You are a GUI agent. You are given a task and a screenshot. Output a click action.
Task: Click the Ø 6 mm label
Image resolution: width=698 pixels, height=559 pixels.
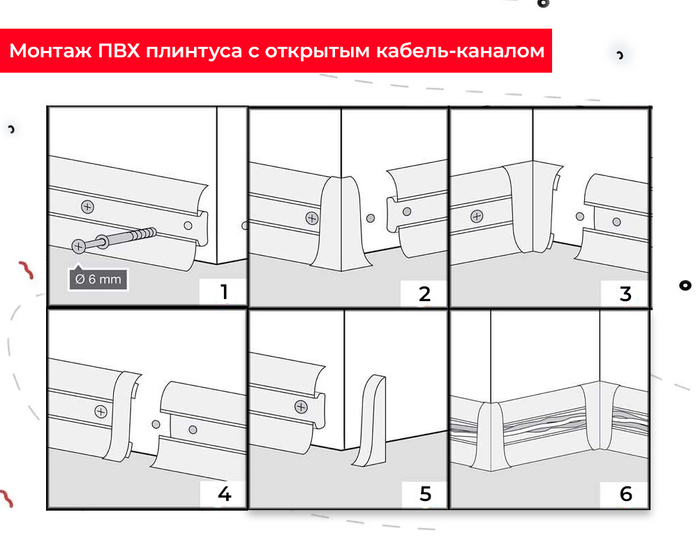coord(98,279)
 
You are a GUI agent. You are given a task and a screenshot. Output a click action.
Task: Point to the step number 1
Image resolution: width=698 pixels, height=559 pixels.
coord(223,291)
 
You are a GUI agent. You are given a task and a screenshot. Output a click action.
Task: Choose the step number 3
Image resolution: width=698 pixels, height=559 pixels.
coord(625,293)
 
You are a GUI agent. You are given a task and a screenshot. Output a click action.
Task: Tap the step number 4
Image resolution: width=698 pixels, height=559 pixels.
coord(224,494)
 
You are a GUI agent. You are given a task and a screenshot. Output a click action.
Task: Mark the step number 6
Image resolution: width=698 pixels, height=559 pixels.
coord(626,494)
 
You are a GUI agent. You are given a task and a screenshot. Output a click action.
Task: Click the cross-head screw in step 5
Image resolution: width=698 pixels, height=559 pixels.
coord(302,406)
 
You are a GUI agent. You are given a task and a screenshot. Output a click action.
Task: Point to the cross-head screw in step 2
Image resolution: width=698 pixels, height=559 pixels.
coord(311,217)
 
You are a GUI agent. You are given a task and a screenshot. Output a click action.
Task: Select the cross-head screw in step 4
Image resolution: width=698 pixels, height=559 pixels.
coord(101,412)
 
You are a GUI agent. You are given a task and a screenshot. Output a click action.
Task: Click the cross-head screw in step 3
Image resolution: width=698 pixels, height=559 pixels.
coord(477,216)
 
